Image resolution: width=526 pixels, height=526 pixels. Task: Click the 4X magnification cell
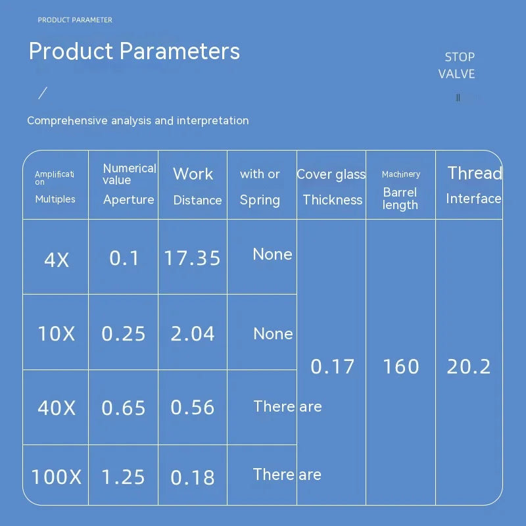click(x=57, y=260)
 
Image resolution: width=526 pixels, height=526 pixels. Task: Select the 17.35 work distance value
click(x=192, y=258)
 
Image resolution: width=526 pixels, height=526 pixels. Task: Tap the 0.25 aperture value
click(x=124, y=334)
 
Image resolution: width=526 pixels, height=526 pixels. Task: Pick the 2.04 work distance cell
click(x=193, y=334)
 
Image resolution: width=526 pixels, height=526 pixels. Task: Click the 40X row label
click(x=57, y=408)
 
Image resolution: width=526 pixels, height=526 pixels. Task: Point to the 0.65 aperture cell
click(x=124, y=408)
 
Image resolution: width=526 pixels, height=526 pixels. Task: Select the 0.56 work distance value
click(x=193, y=408)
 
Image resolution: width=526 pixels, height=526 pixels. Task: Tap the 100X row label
click(x=57, y=477)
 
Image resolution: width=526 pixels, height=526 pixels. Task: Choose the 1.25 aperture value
click(x=123, y=477)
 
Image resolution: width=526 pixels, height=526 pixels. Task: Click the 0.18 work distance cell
click(x=193, y=478)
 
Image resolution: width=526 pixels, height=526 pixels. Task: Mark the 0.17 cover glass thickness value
click(x=333, y=366)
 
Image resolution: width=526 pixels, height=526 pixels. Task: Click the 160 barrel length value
click(x=401, y=366)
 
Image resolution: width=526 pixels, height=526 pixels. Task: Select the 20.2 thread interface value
click(x=469, y=367)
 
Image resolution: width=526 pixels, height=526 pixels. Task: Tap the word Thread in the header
click(x=475, y=173)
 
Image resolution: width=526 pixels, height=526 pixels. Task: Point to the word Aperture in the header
click(x=129, y=200)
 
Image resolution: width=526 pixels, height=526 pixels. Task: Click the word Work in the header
click(x=193, y=174)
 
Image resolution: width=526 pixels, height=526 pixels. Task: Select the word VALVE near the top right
click(x=456, y=74)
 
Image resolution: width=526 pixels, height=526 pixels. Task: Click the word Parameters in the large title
click(x=179, y=51)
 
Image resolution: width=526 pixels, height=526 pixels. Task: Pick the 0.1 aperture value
click(x=124, y=258)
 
